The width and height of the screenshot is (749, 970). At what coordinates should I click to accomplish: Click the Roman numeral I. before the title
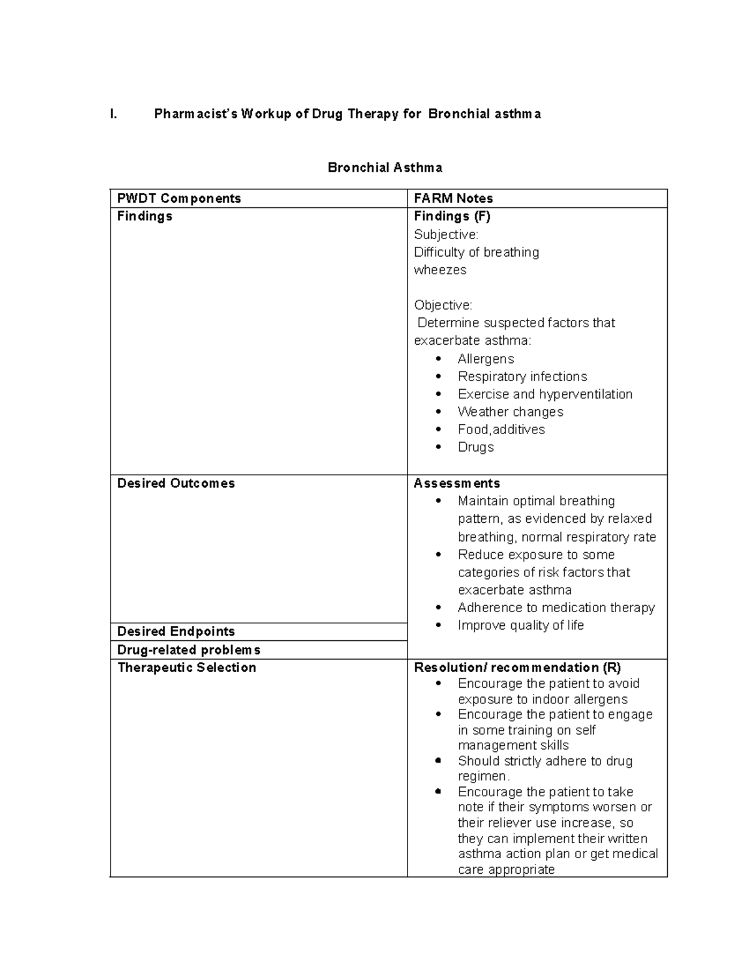113,114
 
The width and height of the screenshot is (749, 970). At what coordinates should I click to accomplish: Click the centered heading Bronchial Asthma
385,168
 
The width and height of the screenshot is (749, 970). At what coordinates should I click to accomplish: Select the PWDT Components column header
179,199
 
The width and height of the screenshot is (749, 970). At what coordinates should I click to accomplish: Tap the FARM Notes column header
453,199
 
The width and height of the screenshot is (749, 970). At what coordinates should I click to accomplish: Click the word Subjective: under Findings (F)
446,235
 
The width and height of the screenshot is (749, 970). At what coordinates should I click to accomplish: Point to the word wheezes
440,270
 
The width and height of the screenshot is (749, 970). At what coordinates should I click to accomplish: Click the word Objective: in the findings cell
443,305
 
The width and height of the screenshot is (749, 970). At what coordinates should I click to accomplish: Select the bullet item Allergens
486,359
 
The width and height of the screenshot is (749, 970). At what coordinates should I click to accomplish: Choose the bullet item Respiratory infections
522,377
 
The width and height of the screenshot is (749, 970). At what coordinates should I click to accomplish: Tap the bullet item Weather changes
510,412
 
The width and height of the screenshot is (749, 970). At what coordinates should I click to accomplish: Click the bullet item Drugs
476,447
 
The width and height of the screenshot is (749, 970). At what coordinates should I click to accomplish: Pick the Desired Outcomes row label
176,483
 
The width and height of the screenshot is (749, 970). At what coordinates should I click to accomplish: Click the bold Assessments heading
456,483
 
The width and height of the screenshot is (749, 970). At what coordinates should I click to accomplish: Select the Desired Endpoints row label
176,631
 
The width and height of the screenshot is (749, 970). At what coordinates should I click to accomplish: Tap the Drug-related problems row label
188,650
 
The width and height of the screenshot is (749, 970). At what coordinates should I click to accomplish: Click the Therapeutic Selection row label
187,668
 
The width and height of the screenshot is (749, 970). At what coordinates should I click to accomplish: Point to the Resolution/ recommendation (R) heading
517,668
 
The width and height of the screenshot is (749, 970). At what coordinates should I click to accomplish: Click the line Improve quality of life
521,625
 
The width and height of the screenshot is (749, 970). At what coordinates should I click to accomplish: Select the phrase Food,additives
501,430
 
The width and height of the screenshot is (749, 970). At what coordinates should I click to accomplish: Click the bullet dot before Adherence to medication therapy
439,608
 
